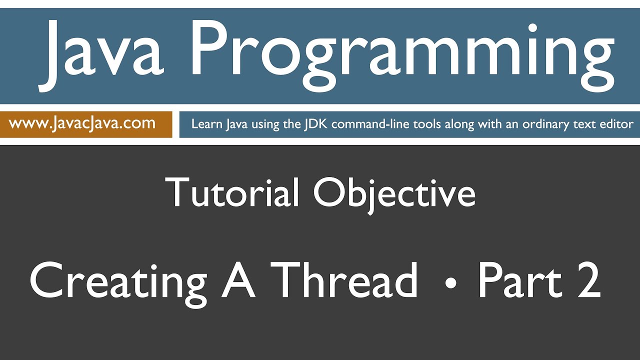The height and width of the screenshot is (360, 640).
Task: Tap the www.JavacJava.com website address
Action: click(x=82, y=123)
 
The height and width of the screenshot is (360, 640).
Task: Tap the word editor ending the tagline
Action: click(x=616, y=124)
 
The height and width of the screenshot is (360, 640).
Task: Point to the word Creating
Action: click(x=118, y=281)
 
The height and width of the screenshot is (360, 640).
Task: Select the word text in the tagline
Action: click(x=582, y=124)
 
